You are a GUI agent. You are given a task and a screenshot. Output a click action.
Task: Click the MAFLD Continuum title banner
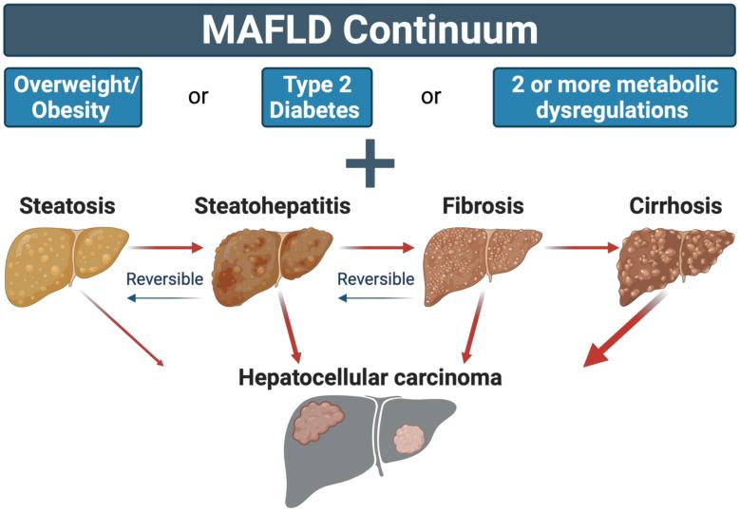point(370,29)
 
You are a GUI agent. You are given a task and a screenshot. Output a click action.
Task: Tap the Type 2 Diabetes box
point(314,97)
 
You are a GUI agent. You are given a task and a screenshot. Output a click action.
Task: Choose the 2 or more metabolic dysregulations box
point(615,97)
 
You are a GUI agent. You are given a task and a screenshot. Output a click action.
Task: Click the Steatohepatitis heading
point(272,205)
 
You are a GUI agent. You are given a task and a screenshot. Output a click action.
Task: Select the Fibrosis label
point(483,205)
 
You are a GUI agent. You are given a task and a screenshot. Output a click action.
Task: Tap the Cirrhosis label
point(675,205)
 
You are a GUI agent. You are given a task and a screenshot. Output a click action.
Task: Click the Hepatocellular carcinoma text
point(370,377)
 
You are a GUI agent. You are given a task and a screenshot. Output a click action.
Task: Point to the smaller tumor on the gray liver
point(408,438)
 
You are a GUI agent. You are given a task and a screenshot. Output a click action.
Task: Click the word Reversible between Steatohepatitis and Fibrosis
point(376,279)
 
